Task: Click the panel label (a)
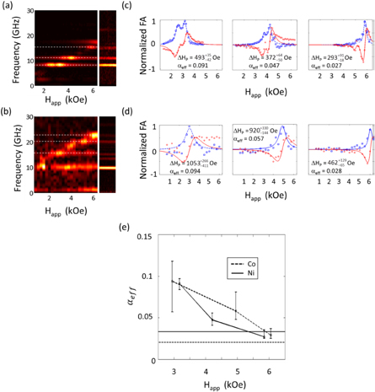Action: tap(8, 7)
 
